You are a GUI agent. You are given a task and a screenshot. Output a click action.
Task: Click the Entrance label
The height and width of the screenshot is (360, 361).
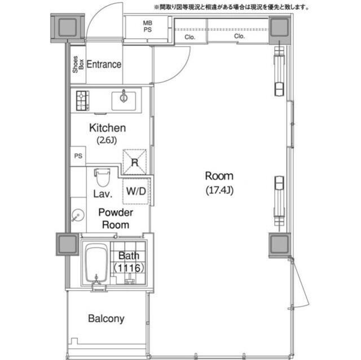[104, 64]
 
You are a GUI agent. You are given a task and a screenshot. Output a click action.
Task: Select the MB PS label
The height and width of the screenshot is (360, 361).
[147, 26]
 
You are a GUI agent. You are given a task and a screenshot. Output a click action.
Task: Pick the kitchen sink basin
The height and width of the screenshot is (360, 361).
[124, 100]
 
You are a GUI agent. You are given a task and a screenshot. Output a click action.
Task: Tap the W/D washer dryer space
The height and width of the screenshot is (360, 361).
[135, 191]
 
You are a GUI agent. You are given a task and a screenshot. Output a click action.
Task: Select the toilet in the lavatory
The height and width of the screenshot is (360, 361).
[102, 178]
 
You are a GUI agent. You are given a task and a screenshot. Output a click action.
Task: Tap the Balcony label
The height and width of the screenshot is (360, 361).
[106, 319]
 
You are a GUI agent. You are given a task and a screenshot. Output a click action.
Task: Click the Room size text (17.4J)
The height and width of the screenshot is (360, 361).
[219, 190]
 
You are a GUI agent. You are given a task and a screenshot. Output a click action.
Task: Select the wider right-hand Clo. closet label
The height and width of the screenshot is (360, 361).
[239, 36]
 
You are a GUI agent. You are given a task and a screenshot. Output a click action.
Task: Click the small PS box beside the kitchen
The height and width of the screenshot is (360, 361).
[77, 156]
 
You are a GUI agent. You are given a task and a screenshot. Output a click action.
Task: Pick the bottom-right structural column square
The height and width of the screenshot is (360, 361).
[279, 244]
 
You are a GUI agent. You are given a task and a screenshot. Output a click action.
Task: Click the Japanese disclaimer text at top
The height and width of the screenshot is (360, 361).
[231, 7]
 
